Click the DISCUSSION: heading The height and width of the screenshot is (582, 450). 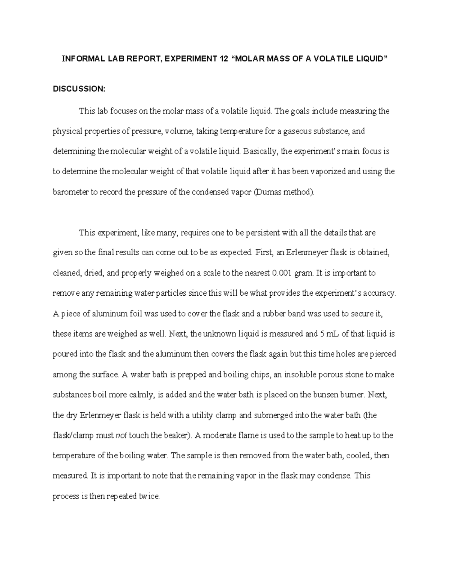pos(79,89)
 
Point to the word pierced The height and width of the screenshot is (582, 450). pos(383,354)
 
